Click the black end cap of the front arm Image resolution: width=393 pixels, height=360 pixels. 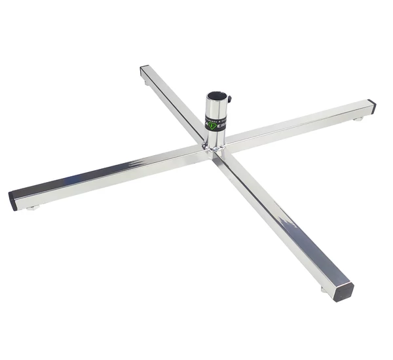(x=343, y=292)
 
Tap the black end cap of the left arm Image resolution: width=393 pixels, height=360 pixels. (x=13, y=200)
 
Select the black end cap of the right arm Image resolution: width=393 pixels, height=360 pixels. (x=372, y=106)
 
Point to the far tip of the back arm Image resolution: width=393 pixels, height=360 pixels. (x=143, y=67)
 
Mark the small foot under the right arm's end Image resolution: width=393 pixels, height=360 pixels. (x=358, y=118)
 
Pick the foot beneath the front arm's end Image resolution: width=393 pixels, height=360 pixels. (x=324, y=289)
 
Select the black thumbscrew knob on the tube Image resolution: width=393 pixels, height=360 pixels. (x=229, y=100)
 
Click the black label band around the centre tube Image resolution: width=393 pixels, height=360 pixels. (x=216, y=122)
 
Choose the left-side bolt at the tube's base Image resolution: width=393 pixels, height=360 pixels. (x=205, y=146)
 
